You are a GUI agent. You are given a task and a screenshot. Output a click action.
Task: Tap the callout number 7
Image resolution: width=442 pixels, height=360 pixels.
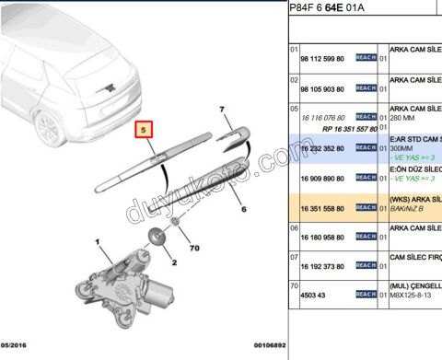(x=222, y=110)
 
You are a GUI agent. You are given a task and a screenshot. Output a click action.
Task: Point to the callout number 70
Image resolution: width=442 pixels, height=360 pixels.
(x=194, y=248)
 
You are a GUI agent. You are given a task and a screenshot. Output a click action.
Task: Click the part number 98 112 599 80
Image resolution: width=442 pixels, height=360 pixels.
(x=322, y=57)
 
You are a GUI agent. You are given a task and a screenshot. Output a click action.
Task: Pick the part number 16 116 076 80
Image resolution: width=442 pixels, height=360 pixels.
(x=322, y=118)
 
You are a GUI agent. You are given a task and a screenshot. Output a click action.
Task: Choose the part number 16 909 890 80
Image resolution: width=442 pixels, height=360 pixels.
(x=322, y=178)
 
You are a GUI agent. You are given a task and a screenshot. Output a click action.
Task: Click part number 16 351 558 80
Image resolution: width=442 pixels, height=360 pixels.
(x=322, y=208)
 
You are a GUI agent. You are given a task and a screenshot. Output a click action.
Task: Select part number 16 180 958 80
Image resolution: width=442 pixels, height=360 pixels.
(x=322, y=238)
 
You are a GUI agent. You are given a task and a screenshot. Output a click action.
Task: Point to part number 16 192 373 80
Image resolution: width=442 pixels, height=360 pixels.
(x=322, y=268)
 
